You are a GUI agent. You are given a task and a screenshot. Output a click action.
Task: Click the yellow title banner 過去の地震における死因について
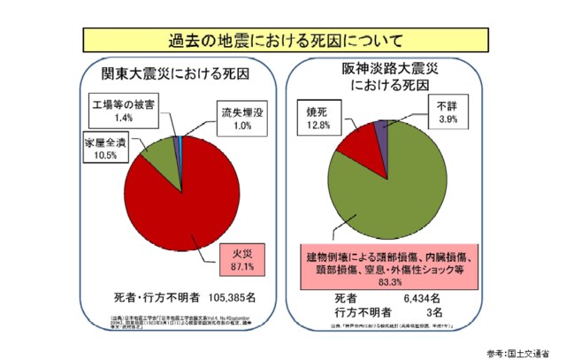[x=283, y=40]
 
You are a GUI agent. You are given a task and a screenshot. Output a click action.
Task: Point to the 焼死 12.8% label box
[x=318, y=119]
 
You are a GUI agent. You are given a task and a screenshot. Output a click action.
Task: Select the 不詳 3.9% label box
[x=449, y=113]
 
